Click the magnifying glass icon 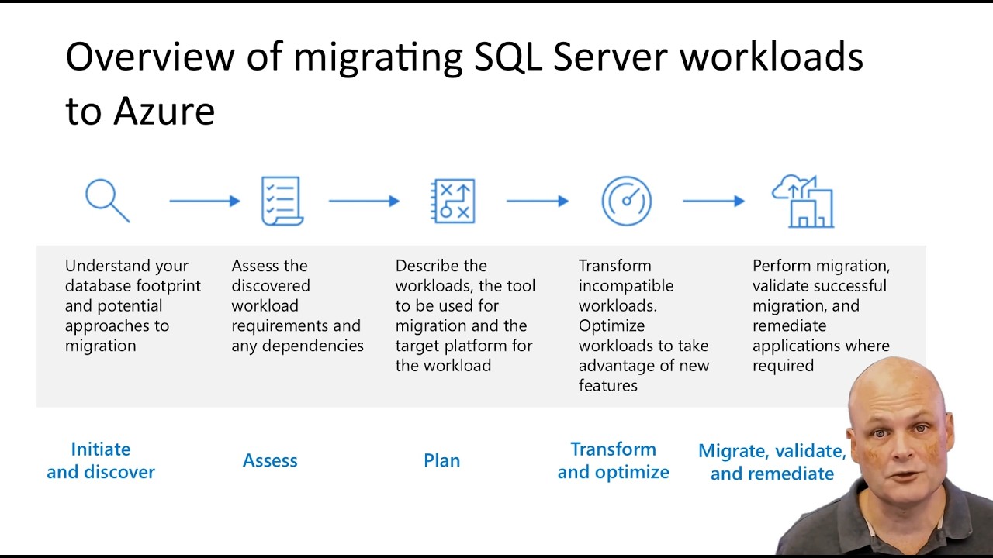point(106,200)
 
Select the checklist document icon point(281,201)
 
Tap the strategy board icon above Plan point(453,201)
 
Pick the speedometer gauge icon point(626,201)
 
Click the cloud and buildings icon point(803,201)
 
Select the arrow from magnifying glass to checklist point(205,201)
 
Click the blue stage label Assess point(270,460)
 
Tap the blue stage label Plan point(442,460)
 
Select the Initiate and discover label point(101,460)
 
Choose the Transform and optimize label point(613,460)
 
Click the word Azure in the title point(164,112)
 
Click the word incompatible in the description point(626,286)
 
